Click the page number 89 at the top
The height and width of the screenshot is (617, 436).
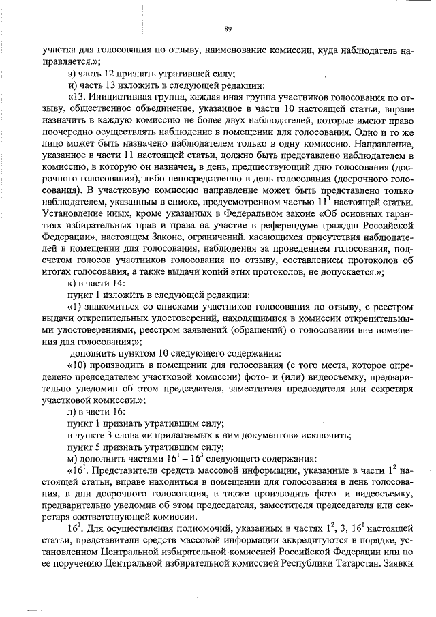tap(228, 28)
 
